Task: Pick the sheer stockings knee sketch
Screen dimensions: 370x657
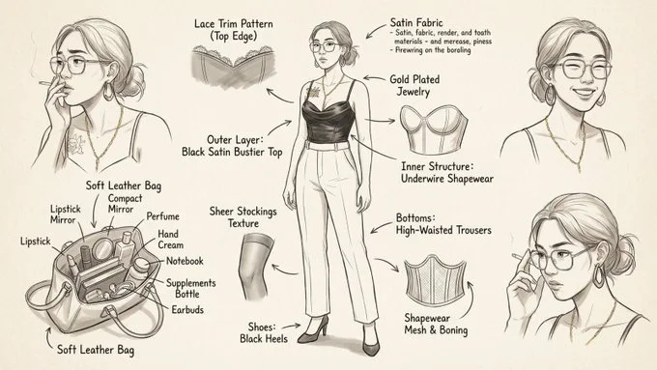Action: pos(256,259)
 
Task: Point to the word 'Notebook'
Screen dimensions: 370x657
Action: pos(183,261)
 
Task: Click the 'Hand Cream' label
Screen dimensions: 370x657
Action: pos(171,240)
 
